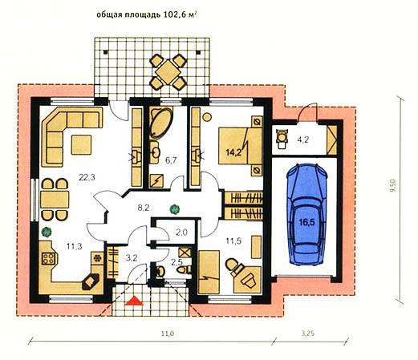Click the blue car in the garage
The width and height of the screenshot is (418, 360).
(306, 214)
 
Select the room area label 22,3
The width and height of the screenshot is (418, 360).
(87, 177)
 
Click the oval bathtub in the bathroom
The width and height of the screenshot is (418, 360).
(160, 123)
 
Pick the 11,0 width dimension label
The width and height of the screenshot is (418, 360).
(168, 334)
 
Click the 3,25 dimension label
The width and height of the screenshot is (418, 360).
(308, 333)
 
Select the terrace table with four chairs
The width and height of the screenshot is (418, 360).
(168, 71)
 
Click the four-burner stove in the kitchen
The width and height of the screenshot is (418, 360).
(49, 258)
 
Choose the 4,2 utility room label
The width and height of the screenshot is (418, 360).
(303, 140)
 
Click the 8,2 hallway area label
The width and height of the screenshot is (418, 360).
(144, 208)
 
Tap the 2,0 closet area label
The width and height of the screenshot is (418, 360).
(181, 233)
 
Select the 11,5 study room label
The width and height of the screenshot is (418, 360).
(233, 241)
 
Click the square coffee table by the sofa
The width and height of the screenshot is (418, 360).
(81, 144)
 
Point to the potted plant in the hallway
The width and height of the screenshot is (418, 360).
(174, 209)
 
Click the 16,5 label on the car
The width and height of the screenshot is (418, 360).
(306, 222)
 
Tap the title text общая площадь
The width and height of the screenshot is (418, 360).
(128, 15)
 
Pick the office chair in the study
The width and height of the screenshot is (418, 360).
(233, 265)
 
